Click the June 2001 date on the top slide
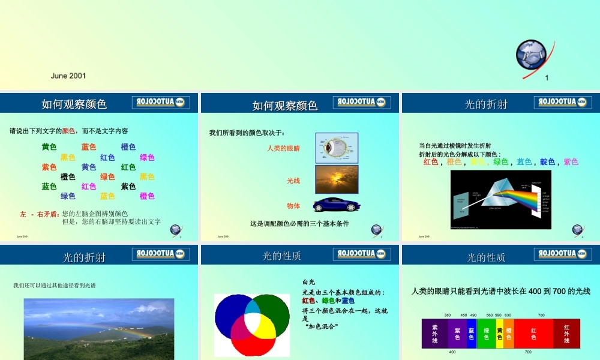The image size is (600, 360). (x=68, y=76)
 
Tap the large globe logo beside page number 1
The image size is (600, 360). (x=530, y=55)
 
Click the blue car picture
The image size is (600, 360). (x=337, y=205)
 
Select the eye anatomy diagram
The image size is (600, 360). (x=337, y=148)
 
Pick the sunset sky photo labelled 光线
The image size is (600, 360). (x=337, y=179)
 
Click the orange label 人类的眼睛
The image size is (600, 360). (x=283, y=148)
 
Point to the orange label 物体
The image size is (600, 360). (x=293, y=206)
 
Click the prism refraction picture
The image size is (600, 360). (x=500, y=199)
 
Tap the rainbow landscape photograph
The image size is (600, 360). (x=99, y=329)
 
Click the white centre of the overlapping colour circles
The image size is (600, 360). (x=252, y=323)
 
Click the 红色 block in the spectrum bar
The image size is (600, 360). (x=533, y=334)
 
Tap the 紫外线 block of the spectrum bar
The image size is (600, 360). (x=434, y=334)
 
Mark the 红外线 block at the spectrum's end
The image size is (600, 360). (x=566, y=334)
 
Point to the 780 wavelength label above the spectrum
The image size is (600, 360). (x=541, y=315)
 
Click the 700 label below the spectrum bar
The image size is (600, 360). (x=528, y=352)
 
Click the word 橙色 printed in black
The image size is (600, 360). (x=68, y=177)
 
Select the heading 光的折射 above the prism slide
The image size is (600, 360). (x=486, y=104)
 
